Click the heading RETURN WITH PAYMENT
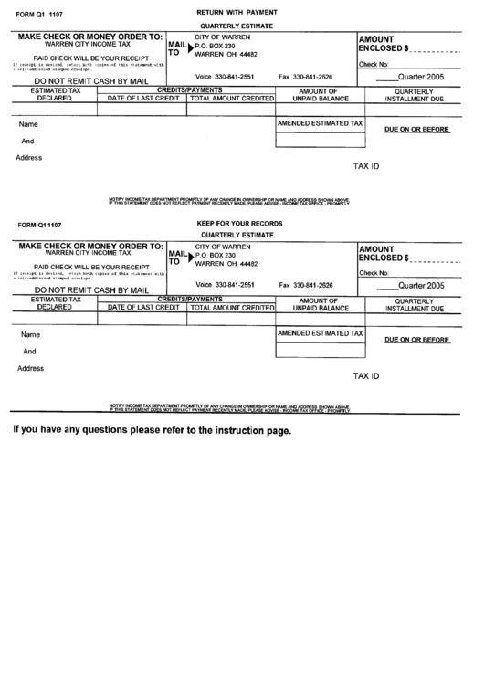[x=237, y=10]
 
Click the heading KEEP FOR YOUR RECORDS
[x=239, y=224]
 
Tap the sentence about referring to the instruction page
[x=152, y=430]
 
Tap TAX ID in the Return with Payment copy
[x=366, y=167]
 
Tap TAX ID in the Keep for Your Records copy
[x=366, y=376]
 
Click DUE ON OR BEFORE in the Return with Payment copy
[x=416, y=130]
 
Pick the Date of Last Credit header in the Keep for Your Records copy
[x=142, y=308]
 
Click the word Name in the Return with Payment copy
[x=28, y=124]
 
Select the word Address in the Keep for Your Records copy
[x=30, y=368]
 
